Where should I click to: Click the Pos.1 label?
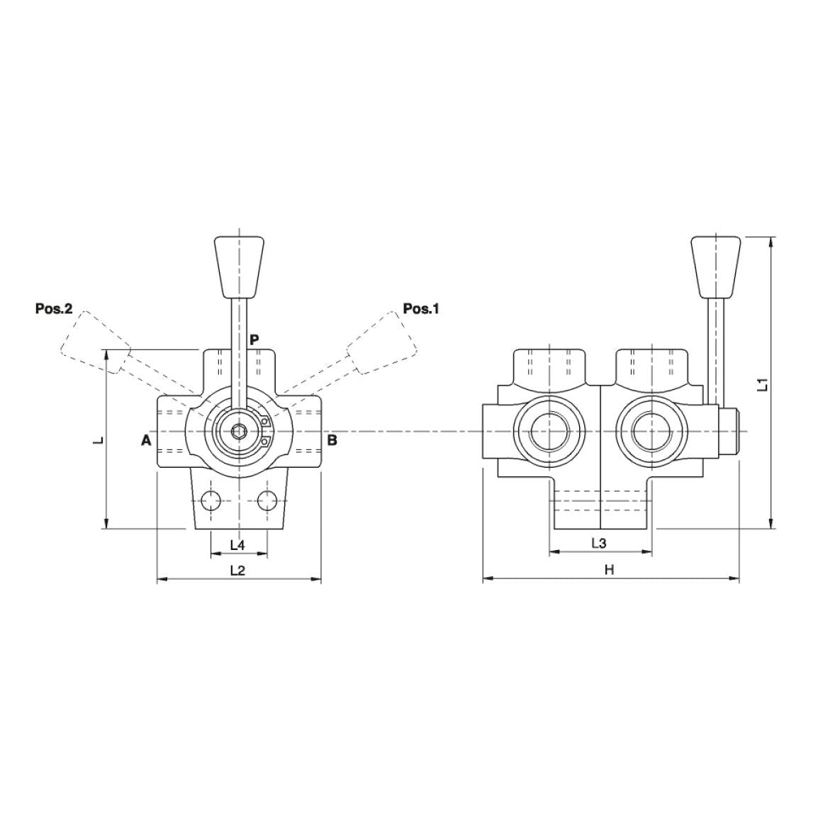(x=421, y=308)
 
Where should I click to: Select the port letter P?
(x=255, y=340)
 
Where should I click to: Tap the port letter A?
(x=146, y=440)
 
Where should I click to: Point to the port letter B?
(x=332, y=440)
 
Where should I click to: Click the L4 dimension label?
(x=238, y=544)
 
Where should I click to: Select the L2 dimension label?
(x=238, y=571)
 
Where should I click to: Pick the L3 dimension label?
(x=599, y=543)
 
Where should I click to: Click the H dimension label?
(x=608, y=570)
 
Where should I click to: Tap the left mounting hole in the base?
(x=211, y=501)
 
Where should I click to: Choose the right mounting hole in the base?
(x=267, y=501)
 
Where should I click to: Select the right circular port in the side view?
(x=650, y=431)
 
